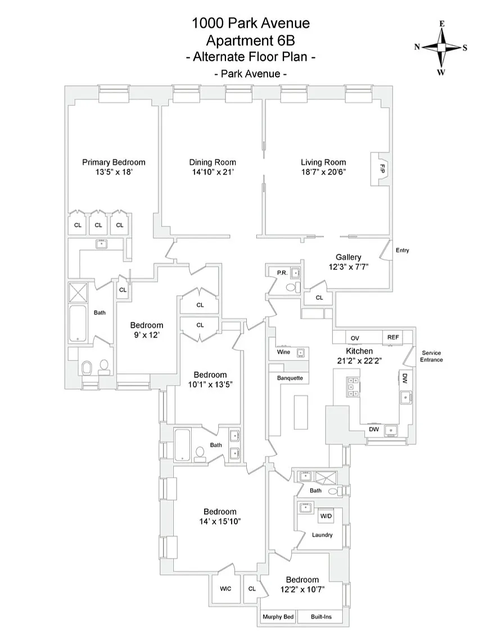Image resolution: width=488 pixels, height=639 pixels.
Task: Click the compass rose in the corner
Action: tap(441, 47)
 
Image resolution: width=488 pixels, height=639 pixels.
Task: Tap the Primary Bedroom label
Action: tap(114, 162)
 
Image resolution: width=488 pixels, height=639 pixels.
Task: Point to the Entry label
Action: tap(402, 250)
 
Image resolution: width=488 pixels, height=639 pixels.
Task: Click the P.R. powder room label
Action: tap(282, 272)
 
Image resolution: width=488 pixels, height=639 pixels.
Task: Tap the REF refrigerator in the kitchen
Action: tap(393, 337)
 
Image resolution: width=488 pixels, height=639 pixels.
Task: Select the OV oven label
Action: tap(355, 337)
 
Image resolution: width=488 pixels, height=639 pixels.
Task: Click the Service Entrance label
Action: tap(432, 356)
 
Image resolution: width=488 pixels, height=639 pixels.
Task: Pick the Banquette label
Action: tap(290, 378)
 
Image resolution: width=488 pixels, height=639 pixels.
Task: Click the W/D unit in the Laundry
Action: tap(326, 516)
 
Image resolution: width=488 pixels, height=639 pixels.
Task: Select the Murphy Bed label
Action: tap(278, 617)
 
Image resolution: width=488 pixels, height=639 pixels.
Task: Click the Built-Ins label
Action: tap(321, 617)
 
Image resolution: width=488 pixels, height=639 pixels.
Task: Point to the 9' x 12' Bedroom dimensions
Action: tap(147, 335)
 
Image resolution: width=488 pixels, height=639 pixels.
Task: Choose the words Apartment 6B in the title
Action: tap(250, 40)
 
